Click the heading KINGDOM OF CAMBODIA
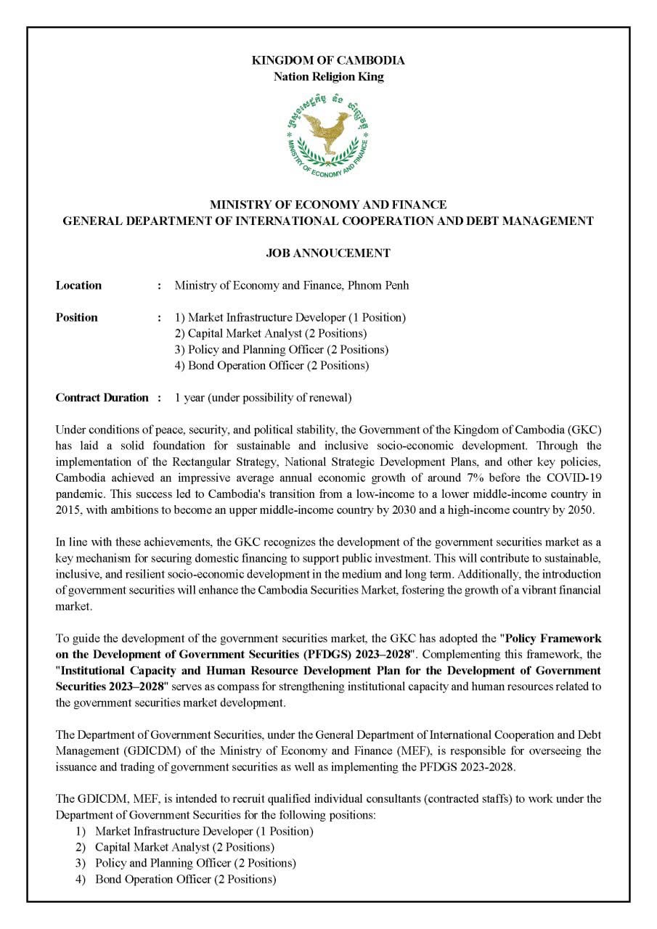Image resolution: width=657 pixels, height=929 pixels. pos(328,60)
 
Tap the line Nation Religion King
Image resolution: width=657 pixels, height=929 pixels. pos(328,76)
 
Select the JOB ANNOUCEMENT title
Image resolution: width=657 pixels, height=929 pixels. pos(328,253)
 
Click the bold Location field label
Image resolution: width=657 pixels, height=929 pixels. pos(78,285)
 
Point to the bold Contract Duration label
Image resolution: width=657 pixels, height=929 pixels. pos(102,398)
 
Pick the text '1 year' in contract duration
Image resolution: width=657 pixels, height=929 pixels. pos(189,398)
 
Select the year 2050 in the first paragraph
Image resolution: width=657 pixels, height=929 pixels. pos(580,509)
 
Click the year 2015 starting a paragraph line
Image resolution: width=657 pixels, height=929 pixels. pos(68,509)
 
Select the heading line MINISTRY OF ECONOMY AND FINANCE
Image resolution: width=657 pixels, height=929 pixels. pos(328,205)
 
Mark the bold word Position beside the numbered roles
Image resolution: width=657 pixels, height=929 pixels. pos(76,317)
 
